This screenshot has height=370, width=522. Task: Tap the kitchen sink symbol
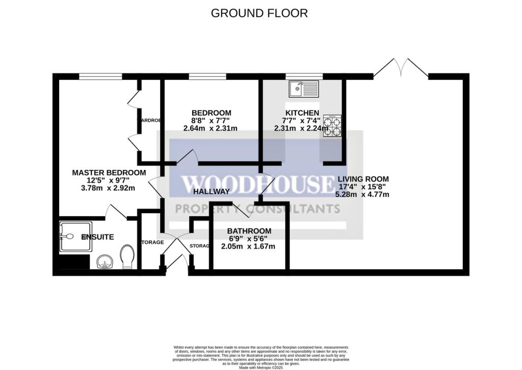[x=303, y=90]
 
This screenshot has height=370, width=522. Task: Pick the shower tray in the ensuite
[x=76, y=237]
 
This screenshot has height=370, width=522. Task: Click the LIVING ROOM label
[x=362, y=179]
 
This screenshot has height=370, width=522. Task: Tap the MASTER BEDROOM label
[x=109, y=173]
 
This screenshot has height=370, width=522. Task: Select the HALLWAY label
[x=212, y=191]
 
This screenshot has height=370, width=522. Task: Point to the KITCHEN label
[x=302, y=113]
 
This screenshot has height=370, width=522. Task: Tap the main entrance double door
[x=176, y=254]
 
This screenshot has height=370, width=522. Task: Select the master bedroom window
[x=100, y=77]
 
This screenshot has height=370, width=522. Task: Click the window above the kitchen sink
[x=304, y=77]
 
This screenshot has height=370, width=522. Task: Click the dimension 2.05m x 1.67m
[x=248, y=246]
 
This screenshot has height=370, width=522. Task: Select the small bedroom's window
[x=207, y=77]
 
